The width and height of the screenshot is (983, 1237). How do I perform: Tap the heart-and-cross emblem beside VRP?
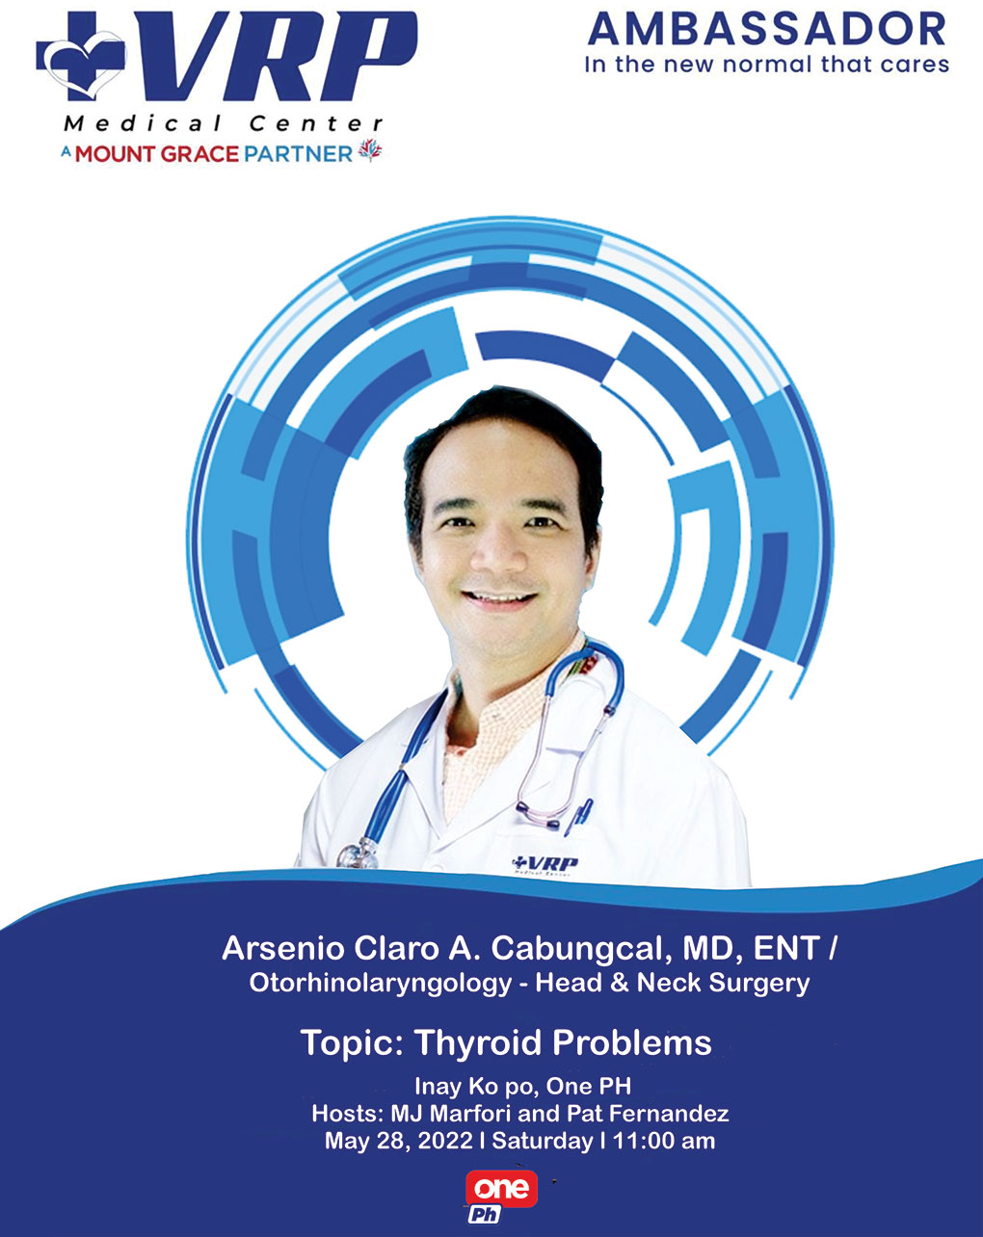click(81, 56)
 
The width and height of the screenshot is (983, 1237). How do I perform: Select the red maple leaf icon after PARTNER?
click(370, 150)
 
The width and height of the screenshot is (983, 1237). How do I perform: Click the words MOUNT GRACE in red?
click(156, 154)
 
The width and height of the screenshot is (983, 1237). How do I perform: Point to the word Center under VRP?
click(316, 123)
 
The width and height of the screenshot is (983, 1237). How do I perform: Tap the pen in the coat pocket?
click(579, 817)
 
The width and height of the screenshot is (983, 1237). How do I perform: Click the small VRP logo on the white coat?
click(545, 864)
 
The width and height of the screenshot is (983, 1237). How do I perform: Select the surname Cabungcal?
click(581, 949)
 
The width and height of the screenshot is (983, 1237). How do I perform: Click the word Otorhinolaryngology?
click(381, 984)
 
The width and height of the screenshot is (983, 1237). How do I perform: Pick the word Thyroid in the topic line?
click(478, 1042)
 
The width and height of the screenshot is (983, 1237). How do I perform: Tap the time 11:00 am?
click(664, 1141)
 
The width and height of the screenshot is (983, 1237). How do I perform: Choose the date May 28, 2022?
click(399, 1141)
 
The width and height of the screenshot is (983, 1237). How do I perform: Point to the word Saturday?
click(543, 1142)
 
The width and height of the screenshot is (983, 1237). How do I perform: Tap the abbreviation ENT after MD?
click(786, 948)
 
